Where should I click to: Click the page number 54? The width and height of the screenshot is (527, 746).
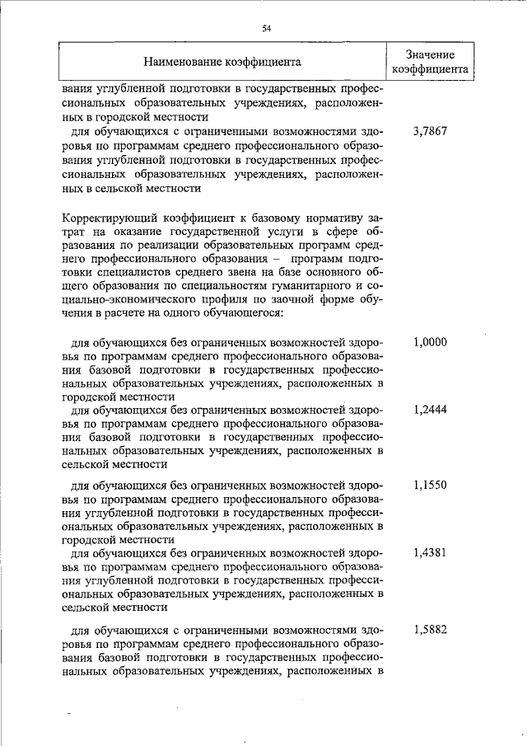click(267, 28)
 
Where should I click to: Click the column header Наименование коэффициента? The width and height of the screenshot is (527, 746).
click(222, 61)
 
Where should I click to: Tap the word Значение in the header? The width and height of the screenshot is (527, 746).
click(430, 54)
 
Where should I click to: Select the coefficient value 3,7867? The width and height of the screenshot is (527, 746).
click(430, 131)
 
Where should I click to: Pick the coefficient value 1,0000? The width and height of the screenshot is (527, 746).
click(430, 341)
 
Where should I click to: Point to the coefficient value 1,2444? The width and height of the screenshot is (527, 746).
click(430, 408)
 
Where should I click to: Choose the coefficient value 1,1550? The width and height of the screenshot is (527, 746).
click(430, 485)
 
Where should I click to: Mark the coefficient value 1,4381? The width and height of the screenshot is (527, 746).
click(430, 552)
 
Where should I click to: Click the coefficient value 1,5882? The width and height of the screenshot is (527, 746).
click(430, 629)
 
